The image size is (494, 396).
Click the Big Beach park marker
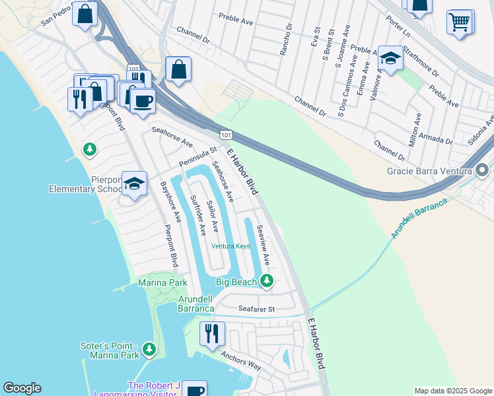tap(266, 281)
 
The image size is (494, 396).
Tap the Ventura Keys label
tap(230, 246)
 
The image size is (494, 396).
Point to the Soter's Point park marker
tap(150, 348)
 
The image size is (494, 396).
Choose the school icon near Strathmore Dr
tap(390, 59)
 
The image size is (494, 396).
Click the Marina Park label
tap(162, 282)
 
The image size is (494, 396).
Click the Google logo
tap(22, 388)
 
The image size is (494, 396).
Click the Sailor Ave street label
tap(213, 216)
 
